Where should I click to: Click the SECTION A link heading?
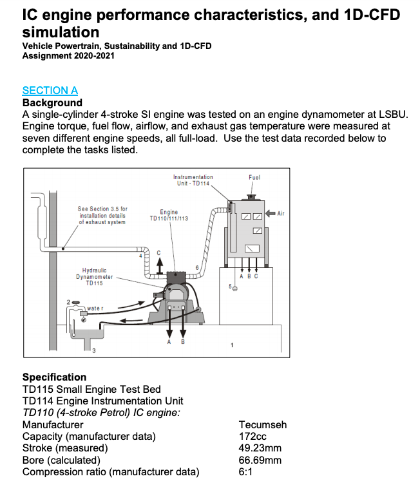coord(50,91)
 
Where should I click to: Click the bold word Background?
coord(52,103)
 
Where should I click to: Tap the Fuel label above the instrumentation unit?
coord(254,177)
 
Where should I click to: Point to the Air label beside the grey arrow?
coord(281,213)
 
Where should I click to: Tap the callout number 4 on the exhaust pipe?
coord(141,256)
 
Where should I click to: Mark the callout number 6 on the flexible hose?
coord(196,266)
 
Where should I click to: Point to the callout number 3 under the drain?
coord(93,350)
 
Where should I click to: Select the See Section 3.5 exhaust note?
coord(102,215)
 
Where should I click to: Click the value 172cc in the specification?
coord(253,437)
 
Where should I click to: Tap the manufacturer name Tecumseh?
coord(262,425)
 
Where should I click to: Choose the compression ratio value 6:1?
coord(247,472)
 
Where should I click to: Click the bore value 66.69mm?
coord(260,460)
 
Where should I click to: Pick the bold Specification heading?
coord(54,377)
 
